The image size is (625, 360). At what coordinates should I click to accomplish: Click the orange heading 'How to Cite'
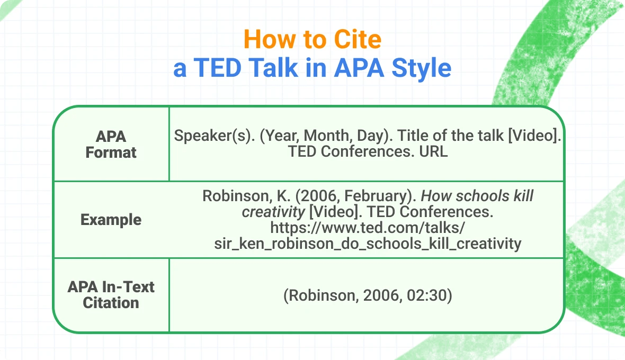pyautogui.click(x=312, y=40)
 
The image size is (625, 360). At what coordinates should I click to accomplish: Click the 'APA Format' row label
pyautogui.click(x=111, y=145)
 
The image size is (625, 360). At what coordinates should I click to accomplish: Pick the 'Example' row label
pyautogui.click(x=111, y=220)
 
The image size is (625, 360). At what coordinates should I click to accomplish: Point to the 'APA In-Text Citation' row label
pyautogui.click(x=111, y=295)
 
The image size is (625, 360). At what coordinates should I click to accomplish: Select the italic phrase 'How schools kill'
pyautogui.click(x=477, y=196)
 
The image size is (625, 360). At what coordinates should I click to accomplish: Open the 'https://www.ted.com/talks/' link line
pyautogui.click(x=368, y=228)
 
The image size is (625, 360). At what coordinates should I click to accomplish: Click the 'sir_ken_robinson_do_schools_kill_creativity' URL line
pyautogui.click(x=368, y=244)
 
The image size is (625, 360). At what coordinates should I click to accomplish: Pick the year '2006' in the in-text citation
pyautogui.click(x=381, y=295)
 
